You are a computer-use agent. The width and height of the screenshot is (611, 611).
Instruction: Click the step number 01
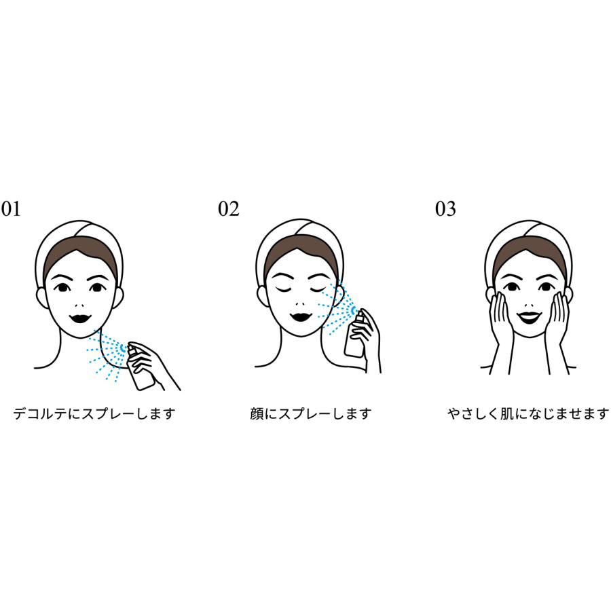10,209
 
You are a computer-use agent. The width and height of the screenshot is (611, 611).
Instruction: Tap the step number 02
228,209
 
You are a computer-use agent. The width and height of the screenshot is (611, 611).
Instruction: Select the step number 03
445,209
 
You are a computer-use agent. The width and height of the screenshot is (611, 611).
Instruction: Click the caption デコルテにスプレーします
94,413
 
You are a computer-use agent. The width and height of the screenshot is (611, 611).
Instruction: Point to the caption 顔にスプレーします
310,413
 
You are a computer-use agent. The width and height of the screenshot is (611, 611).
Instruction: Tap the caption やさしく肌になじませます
528,413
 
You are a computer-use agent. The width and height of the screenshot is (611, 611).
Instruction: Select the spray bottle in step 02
355,334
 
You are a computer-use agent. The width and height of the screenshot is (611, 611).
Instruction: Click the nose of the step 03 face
531,305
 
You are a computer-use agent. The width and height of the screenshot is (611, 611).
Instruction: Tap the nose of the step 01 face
80,305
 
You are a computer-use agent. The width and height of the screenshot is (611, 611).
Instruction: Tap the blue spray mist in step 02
336,308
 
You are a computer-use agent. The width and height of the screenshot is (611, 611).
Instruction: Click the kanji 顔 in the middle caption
257,413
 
